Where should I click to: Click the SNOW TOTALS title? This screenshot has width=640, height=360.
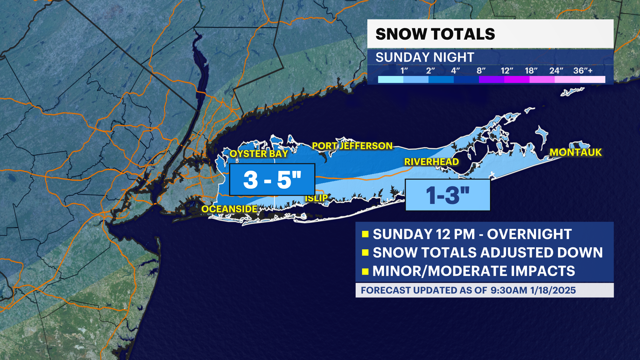click(x=435, y=34)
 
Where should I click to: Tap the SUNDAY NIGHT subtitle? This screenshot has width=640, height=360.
click(x=425, y=57)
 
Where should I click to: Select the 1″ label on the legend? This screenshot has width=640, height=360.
click(x=404, y=71)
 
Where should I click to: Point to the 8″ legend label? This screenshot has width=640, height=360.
click(x=481, y=71)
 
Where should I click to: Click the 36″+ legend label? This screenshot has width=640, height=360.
click(x=583, y=71)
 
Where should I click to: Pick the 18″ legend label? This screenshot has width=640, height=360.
click(x=531, y=71)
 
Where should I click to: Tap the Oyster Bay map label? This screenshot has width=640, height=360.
click(x=259, y=154)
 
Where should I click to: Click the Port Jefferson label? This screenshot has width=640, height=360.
click(x=352, y=146)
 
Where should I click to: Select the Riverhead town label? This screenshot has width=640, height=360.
click(x=431, y=162)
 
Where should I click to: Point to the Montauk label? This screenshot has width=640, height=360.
click(x=576, y=152)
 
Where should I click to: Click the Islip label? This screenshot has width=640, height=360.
click(x=316, y=198)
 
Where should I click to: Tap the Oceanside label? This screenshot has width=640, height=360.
click(x=229, y=209)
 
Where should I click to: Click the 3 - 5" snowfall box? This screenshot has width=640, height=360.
click(x=272, y=180)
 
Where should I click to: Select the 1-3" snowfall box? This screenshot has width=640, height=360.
click(x=448, y=195)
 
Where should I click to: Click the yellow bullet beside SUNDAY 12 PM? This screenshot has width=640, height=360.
click(x=365, y=234)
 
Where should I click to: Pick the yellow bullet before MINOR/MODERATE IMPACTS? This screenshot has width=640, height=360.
click(x=365, y=271)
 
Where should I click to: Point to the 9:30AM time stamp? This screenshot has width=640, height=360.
click(x=509, y=290)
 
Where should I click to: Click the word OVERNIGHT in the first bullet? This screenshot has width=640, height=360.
click(x=529, y=234)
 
